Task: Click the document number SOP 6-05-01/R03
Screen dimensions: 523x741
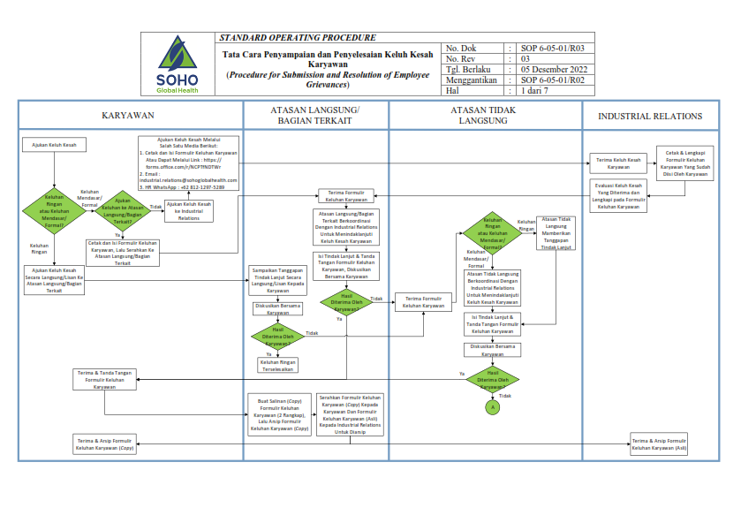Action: [552, 49]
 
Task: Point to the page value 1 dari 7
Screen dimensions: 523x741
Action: [534, 90]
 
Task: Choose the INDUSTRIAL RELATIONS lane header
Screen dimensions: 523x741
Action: [650, 116]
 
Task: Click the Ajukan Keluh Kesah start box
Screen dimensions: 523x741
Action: [54, 144]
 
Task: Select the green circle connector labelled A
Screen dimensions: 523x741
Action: [493, 407]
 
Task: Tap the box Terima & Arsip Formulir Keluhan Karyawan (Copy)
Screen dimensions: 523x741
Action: [105, 443]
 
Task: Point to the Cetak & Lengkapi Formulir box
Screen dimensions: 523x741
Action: [684, 163]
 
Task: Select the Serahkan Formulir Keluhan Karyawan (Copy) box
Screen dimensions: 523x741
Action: [350, 414]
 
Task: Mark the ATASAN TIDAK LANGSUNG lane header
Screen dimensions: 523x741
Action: [484, 115]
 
